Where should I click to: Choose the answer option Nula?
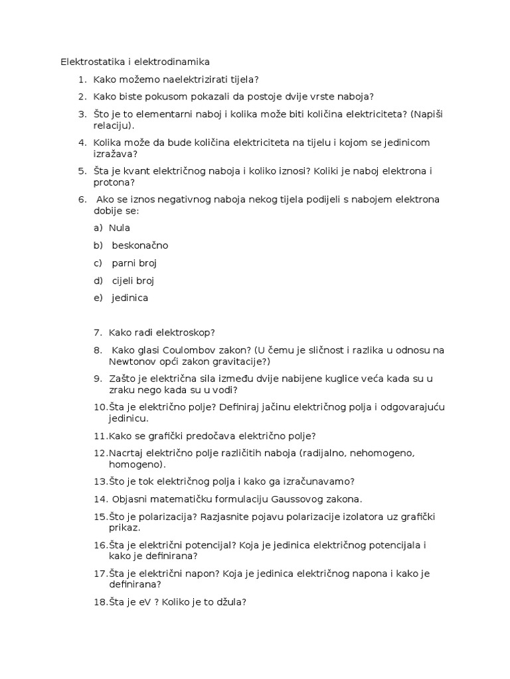coord(120,228)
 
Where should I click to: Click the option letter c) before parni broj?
coord(98,263)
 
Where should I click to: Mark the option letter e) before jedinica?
coord(98,298)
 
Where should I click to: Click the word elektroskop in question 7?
coord(185,333)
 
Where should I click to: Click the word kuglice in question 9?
coord(337,379)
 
